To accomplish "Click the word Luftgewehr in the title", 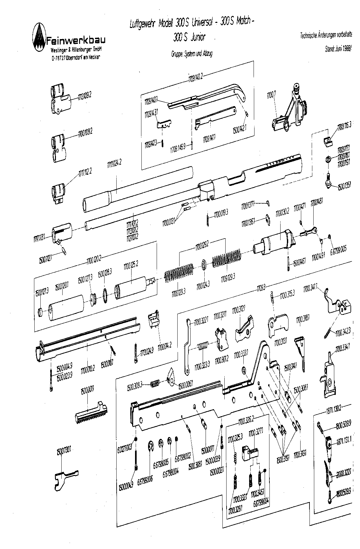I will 142,24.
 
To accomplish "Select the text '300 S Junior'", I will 189,37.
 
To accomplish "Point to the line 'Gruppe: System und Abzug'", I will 191,54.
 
